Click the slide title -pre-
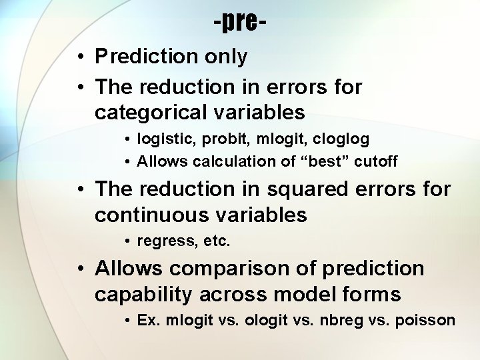240,23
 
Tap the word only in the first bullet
225,57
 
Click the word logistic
159,140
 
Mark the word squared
295,189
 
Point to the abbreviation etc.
217,241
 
